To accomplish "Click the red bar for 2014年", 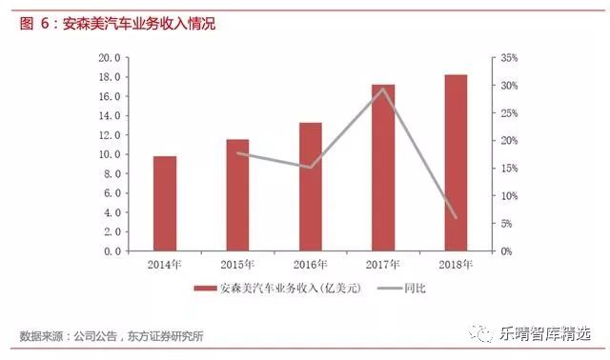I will pyautogui.click(x=165, y=203).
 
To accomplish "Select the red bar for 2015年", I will pyautogui.click(x=237, y=195).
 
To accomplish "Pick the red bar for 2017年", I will pyautogui.click(x=383, y=168).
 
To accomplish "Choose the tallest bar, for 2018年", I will pyautogui.click(x=457, y=163).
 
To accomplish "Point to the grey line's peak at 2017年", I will pyautogui.click(x=383, y=90).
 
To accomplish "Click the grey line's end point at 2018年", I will pyautogui.click(x=457, y=218).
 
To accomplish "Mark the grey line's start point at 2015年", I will pyautogui.click(x=237, y=152).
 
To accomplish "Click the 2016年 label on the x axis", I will pyautogui.click(x=311, y=263).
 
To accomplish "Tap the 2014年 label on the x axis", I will pyautogui.click(x=165, y=263).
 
